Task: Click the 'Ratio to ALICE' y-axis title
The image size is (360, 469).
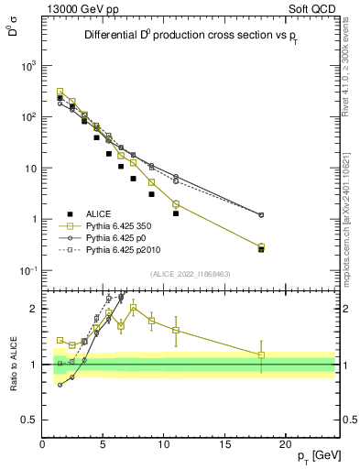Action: point(12,363)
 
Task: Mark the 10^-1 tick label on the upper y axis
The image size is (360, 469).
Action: point(26,270)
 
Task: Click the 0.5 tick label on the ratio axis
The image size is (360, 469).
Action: point(28,420)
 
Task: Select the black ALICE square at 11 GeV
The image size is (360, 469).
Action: point(176,213)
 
